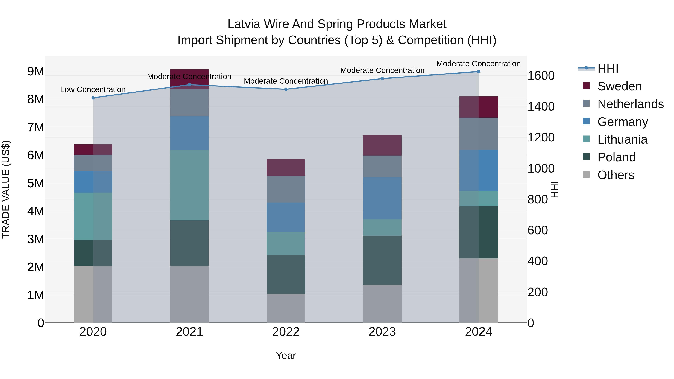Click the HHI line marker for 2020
(93, 98)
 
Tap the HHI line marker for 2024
(479, 72)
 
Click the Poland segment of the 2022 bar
(286, 274)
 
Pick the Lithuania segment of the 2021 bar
(189, 185)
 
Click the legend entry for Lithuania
(622, 139)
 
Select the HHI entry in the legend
(608, 69)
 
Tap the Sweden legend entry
(619, 86)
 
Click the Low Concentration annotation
(93, 89)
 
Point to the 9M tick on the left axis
(36, 71)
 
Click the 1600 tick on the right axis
(541, 76)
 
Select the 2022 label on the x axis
(286, 332)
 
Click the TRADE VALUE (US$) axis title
(6, 189)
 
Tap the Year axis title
(286, 355)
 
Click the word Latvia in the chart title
(244, 24)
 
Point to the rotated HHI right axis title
(554, 189)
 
